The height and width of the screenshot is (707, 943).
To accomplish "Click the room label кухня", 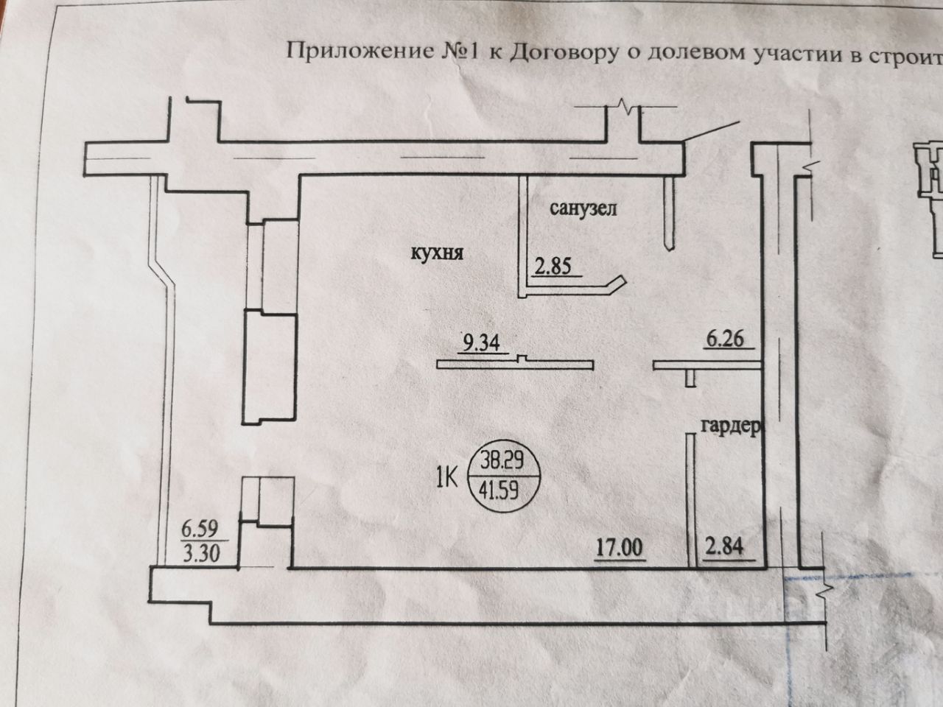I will [x=437, y=253].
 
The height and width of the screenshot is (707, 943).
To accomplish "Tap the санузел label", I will [x=583, y=209].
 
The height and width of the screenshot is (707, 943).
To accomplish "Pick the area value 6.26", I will [x=726, y=340].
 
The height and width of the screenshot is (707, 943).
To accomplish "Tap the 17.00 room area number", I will [x=620, y=548].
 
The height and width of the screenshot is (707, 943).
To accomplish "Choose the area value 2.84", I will [x=725, y=548].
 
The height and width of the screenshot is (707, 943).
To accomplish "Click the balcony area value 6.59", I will [x=200, y=528].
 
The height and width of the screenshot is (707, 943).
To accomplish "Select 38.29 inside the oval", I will [x=502, y=462].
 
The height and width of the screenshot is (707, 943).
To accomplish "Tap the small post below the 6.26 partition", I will [x=690, y=378].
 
